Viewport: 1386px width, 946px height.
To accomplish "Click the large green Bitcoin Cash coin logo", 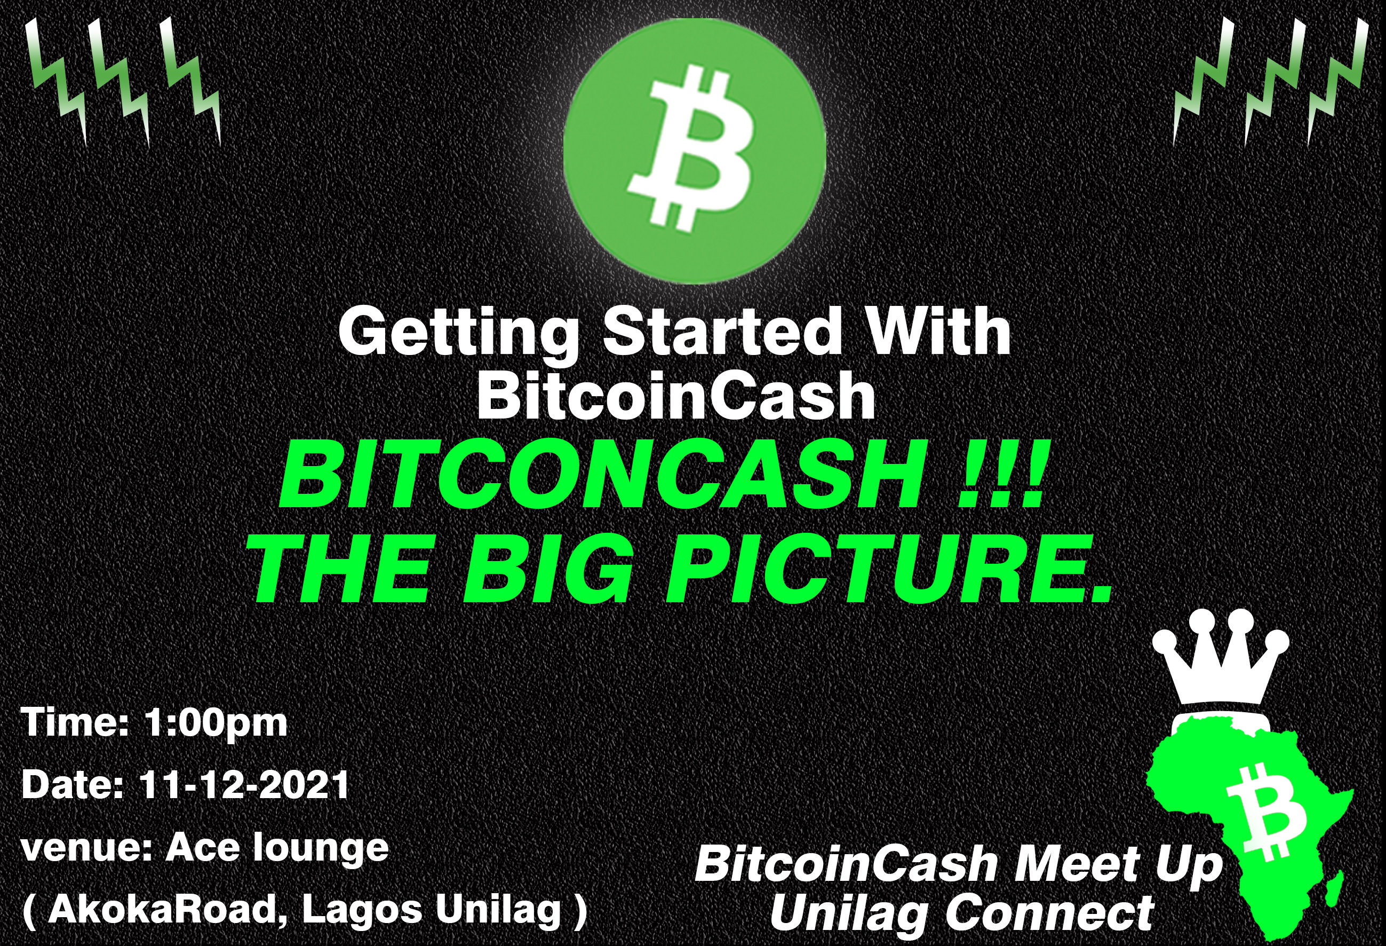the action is pyautogui.click(x=694, y=151).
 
